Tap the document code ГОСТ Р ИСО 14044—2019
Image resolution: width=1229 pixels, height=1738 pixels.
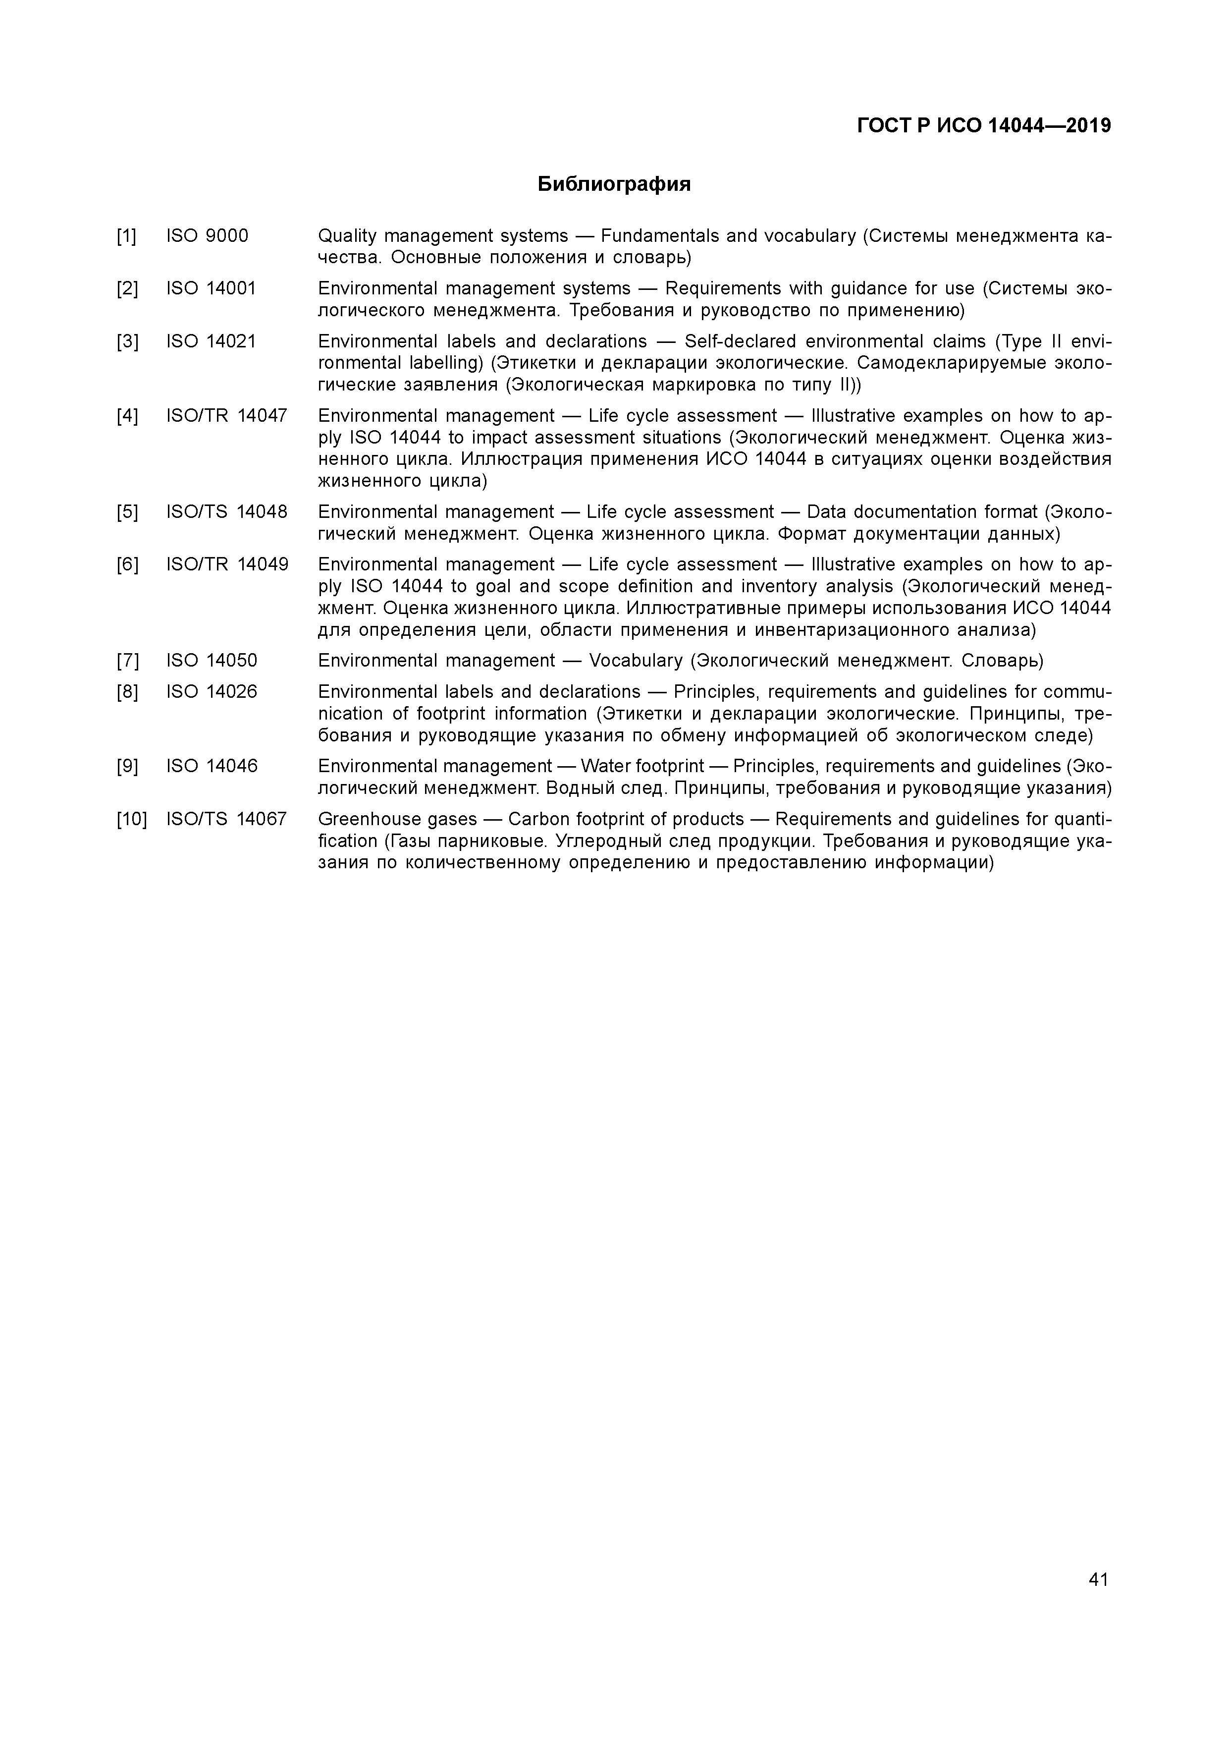click(x=984, y=126)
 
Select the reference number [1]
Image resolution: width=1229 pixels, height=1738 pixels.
click(x=126, y=236)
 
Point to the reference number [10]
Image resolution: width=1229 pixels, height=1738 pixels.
click(x=132, y=819)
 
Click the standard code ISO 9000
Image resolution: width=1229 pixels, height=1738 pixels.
click(x=207, y=236)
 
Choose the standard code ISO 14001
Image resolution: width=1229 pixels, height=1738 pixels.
click(x=211, y=288)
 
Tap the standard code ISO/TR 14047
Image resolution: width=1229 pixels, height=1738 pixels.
click(x=227, y=416)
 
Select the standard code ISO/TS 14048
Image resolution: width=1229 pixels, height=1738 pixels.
click(x=227, y=512)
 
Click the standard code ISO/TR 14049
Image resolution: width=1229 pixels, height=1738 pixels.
click(x=227, y=564)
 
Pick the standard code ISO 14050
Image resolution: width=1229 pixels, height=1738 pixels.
click(x=211, y=661)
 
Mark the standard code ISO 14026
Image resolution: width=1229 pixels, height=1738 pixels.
click(x=211, y=692)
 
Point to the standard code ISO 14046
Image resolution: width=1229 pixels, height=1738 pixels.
click(x=211, y=766)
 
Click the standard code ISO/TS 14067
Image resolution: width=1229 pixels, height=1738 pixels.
click(x=226, y=819)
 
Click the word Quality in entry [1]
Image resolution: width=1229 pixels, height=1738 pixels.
click(x=347, y=236)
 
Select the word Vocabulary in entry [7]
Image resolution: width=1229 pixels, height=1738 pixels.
click(x=636, y=661)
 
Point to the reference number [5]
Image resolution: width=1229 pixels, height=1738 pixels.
click(x=126, y=512)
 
